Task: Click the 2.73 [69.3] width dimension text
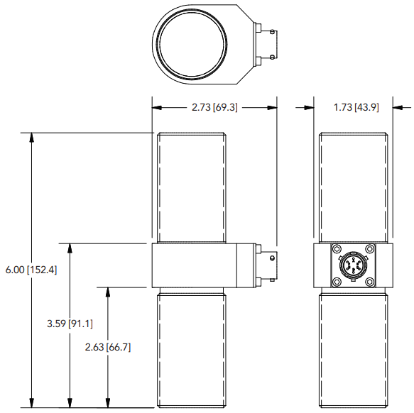click(214, 107)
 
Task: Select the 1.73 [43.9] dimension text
click(356, 107)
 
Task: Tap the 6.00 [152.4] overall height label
click(31, 270)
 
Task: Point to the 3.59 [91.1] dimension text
click(70, 324)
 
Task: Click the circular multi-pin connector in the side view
click(353, 267)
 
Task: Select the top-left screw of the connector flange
click(336, 250)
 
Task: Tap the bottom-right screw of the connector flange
click(370, 283)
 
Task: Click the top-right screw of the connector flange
click(370, 250)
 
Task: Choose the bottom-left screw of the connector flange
click(336, 283)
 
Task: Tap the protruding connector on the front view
click(267, 265)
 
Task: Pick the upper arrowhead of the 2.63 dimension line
click(107, 293)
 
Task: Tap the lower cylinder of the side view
click(354, 348)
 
